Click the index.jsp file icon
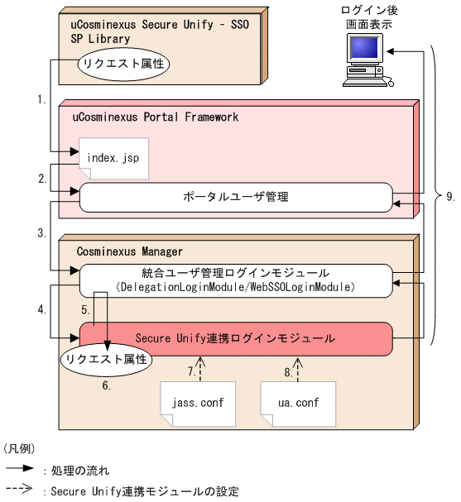[113, 157]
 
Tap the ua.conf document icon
[291, 404]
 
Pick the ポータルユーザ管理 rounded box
[235, 197]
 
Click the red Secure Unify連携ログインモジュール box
[235, 337]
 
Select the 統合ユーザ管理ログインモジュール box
[235, 279]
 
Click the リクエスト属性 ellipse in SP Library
[118, 63]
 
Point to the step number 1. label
[42, 99]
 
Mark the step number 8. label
[286, 371]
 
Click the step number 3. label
[42, 233]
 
